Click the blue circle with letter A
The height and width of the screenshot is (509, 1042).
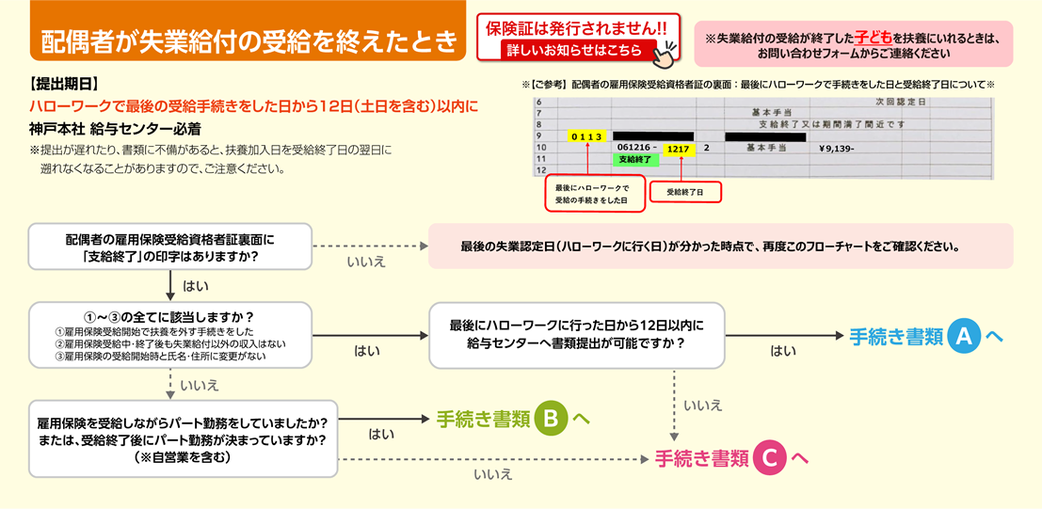[x=965, y=337]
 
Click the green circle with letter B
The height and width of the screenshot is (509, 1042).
[x=552, y=419]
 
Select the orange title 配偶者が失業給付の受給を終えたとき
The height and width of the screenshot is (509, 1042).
[x=249, y=42]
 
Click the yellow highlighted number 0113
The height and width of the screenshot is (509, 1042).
[x=585, y=135]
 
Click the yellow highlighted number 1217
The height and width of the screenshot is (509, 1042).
[x=676, y=149]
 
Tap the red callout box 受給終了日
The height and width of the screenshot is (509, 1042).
[x=684, y=191]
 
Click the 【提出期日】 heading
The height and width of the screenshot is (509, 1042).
[x=64, y=86]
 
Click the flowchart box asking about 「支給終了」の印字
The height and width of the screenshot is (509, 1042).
[x=170, y=247]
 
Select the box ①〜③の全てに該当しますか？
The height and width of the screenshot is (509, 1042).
[x=170, y=335]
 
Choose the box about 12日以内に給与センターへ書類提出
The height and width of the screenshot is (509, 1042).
[x=576, y=335]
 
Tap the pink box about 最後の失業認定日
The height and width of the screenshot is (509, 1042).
[x=720, y=247]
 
